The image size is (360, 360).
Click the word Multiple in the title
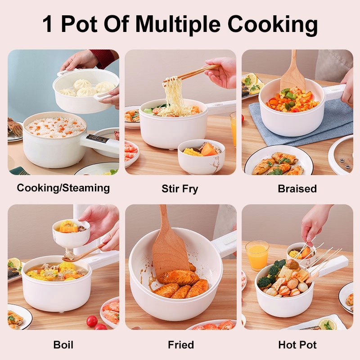coord(178,24)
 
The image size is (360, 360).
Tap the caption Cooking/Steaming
coord(63,188)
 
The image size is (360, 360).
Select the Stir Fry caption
coord(180,189)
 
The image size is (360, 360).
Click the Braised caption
coord(297,189)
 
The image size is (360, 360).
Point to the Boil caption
coord(63,345)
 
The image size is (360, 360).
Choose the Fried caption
coord(181,345)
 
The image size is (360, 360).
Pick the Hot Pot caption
coord(297,345)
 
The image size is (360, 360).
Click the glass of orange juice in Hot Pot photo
coord(257,255)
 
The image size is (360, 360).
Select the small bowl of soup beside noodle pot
coord(201,157)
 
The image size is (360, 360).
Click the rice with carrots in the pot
coord(54,127)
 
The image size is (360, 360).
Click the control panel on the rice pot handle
coord(98,139)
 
